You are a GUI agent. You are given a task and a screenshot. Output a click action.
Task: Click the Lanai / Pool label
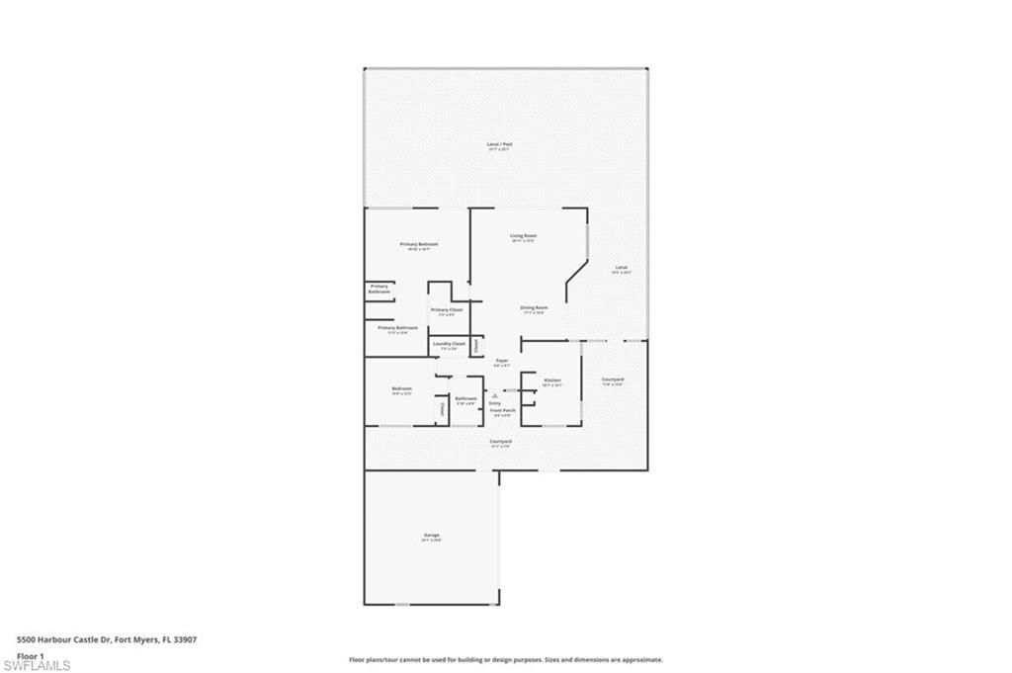tap(499, 144)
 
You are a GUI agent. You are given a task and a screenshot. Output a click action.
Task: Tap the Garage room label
tap(432, 536)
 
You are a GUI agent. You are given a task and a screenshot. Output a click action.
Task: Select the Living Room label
tap(523, 235)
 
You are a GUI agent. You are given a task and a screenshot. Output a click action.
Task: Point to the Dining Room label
tap(535, 307)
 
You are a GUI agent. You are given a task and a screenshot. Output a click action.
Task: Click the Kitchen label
tap(552, 380)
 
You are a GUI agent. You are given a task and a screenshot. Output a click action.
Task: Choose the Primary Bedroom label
tap(419, 244)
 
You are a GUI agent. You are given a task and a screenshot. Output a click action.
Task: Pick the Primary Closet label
tap(447, 309)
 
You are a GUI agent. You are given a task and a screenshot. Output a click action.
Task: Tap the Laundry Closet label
tap(450, 344)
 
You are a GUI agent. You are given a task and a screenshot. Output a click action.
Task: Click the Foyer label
tap(502, 361)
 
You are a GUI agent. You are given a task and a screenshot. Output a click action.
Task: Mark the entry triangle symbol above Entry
tap(495, 395)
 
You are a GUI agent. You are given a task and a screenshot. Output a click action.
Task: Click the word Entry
tap(495, 403)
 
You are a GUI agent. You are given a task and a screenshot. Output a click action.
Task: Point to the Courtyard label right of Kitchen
tap(613, 379)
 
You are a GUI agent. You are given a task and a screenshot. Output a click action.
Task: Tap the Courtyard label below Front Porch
tap(500, 441)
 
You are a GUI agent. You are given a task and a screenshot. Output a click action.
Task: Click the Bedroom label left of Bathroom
tap(401, 388)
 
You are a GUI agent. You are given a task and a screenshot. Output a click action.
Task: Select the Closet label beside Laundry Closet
tap(475, 346)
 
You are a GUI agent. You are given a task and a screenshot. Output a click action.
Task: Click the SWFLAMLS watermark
tap(37, 665)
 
